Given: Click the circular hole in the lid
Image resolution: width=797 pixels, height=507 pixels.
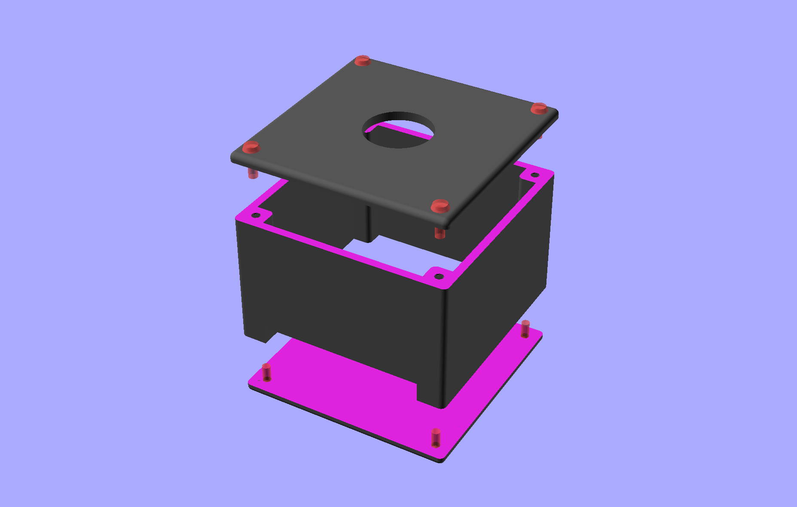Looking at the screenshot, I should click(398, 130).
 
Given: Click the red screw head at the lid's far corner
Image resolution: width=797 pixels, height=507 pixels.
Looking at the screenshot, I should click(363, 61).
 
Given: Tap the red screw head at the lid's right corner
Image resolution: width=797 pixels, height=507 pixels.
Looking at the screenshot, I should click(539, 108).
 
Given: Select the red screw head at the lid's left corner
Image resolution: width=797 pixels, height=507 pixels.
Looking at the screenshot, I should click(251, 147).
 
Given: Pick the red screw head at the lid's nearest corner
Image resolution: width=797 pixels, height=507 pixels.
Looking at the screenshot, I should click(440, 206).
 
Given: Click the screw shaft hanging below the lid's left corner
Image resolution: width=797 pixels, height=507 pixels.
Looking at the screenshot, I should click(253, 174).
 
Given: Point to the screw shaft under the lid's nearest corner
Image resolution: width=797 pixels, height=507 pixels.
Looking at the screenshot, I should click(440, 233).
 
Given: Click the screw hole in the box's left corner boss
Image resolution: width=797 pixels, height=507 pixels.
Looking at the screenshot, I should click(256, 215).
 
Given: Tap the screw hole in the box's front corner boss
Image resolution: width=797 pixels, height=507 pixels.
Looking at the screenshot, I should click(439, 276).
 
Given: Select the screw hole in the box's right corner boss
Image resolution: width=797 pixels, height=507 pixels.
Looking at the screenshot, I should click(535, 175).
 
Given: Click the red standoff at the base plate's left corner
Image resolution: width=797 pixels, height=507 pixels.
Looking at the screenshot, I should click(266, 372).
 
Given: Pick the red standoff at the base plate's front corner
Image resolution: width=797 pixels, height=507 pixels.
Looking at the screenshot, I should click(436, 437).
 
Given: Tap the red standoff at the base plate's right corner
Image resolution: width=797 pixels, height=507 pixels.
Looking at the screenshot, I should click(525, 328).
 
